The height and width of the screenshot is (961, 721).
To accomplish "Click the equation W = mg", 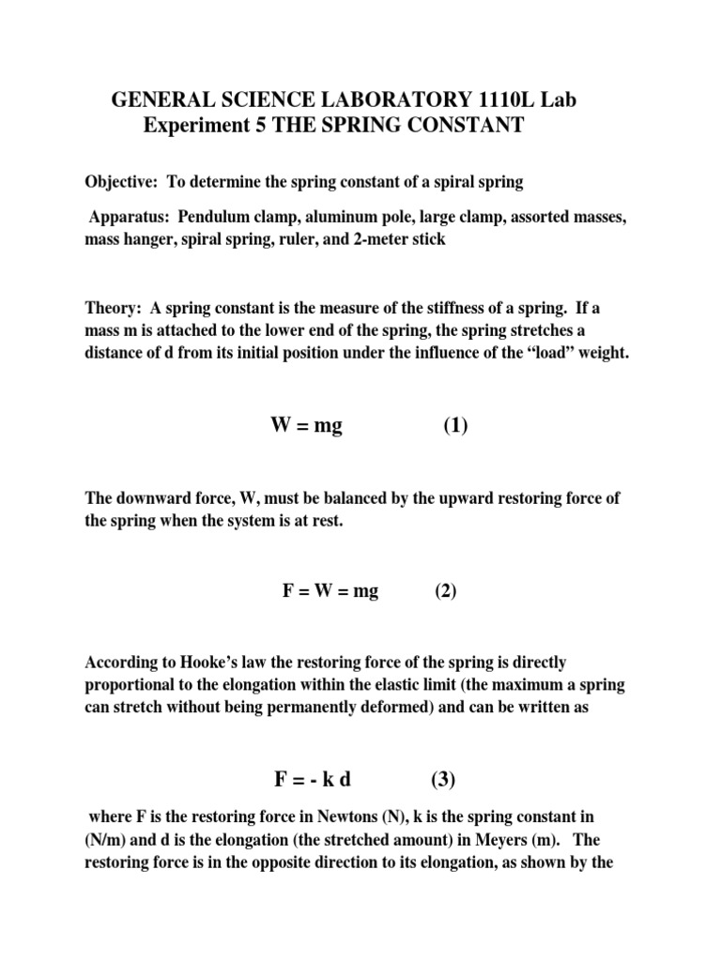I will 306,426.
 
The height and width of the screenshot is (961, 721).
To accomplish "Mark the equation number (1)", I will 455,426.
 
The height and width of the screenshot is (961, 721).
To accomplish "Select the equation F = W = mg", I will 330,592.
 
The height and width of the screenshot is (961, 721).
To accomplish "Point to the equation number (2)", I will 445,592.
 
